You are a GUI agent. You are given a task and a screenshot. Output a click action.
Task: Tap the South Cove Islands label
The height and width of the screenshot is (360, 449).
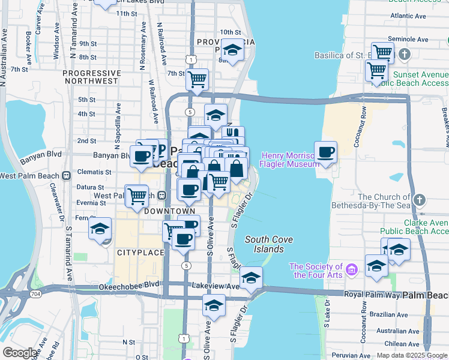[x=269, y=244]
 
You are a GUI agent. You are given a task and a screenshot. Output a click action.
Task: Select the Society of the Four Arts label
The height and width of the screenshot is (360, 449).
[x=316, y=271]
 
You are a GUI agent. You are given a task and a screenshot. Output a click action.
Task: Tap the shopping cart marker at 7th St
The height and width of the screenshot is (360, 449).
[x=197, y=79]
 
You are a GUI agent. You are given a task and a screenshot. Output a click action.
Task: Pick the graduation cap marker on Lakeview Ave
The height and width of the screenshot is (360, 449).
[x=251, y=278]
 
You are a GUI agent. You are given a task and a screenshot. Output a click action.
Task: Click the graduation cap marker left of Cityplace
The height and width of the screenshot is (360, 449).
[x=100, y=229]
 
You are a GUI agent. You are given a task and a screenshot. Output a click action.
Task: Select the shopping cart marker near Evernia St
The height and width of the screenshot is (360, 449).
[x=137, y=196]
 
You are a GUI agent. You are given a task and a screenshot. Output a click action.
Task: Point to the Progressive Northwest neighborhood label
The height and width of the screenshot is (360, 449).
[x=91, y=77]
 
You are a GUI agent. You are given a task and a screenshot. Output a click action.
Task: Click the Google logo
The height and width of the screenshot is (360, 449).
[x=20, y=353]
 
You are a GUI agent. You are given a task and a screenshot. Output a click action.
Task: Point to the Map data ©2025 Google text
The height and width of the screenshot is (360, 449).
[x=411, y=355]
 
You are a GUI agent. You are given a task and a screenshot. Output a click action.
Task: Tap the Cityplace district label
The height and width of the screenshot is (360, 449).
[x=140, y=253]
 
